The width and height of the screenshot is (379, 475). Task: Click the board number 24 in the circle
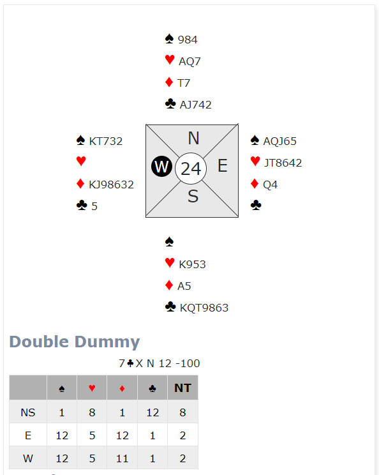tap(191, 169)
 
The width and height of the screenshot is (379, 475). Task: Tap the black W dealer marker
tap(161, 166)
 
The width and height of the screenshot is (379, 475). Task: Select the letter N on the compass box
tap(193, 138)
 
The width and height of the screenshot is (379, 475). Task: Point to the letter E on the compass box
tap(223, 166)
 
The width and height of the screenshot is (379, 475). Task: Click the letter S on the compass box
tap(193, 196)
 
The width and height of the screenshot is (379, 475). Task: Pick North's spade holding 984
tap(188, 40)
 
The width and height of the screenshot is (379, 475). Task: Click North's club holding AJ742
tap(195, 105)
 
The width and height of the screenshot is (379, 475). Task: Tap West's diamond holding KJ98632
tap(111, 185)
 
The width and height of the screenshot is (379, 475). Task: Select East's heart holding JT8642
tap(283, 163)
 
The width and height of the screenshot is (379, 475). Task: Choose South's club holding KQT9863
tap(204, 308)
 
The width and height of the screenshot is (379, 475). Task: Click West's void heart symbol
tap(81, 160)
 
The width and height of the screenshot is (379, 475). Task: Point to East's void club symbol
tap(256, 205)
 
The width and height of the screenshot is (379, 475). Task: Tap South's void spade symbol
tap(169, 241)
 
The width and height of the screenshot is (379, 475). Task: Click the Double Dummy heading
tap(75, 342)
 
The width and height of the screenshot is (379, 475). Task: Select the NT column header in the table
tap(182, 388)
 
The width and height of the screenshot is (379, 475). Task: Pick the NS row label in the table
tap(28, 412)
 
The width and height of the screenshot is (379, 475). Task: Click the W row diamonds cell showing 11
tap(122, 458)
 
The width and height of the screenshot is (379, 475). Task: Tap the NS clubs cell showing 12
tap(152, 412)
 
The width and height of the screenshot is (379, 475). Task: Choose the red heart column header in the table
tap(92, 388)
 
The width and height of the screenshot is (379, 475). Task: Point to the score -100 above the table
tap(188, 363)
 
